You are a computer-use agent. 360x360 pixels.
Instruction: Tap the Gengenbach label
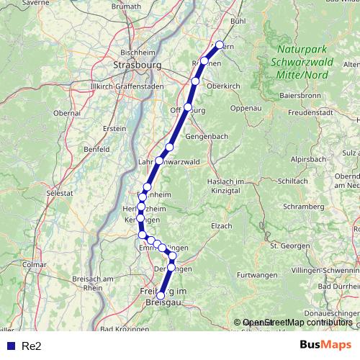(207, 136)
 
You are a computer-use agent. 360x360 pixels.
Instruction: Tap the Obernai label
(66, 113)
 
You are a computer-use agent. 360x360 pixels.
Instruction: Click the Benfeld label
(96, 149)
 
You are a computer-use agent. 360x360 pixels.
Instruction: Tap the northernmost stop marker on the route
(220, 45)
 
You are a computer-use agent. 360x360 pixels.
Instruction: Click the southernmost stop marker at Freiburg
(161, 295)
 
